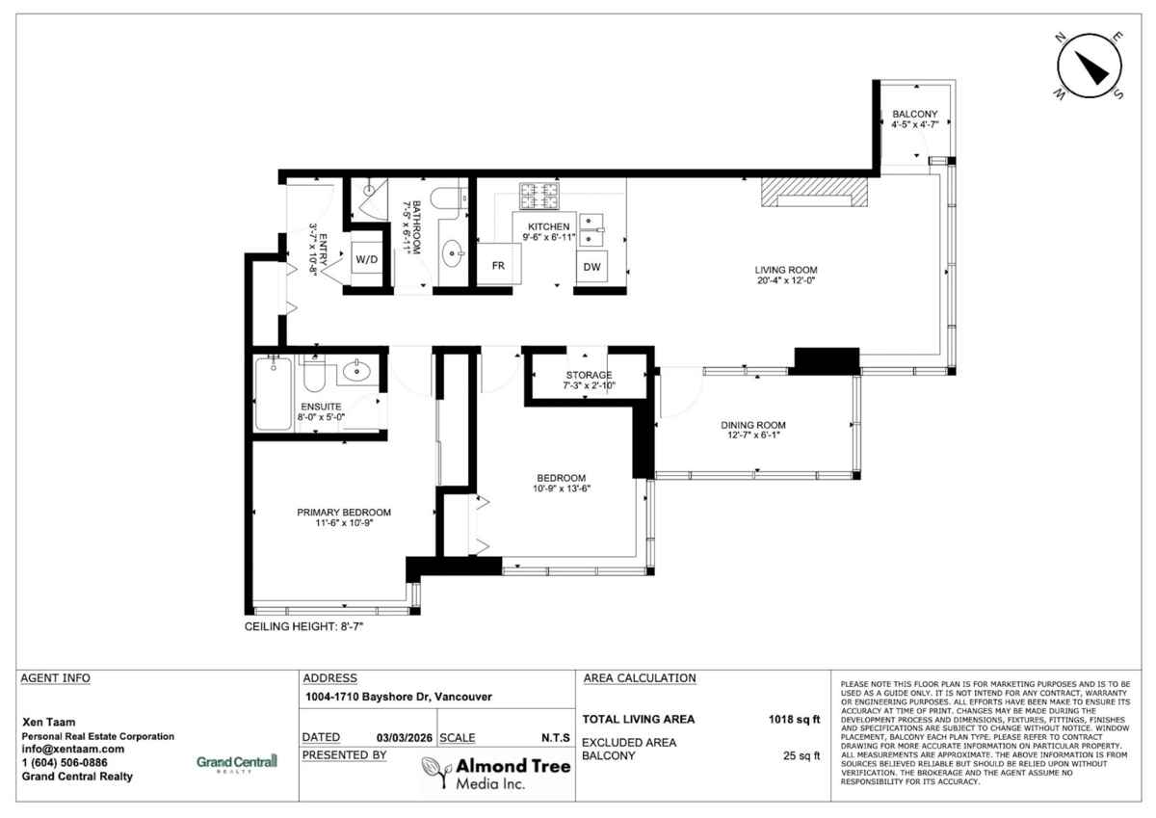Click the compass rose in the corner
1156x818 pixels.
pos(1090,66)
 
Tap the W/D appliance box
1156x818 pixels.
pos(365,259)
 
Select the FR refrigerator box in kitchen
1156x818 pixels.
pos(499,265)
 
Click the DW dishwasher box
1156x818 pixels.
pos(592,266)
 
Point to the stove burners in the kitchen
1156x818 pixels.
pos(539,197)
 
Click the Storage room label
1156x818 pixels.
pos(589,374)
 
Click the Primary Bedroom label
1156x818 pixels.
pos(344,512)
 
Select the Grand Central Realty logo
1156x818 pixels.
pos(236,762)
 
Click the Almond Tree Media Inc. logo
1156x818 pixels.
pos(497,772)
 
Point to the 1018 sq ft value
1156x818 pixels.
pos(794,719)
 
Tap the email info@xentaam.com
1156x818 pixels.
pos(72,749)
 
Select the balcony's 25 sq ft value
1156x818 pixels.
pos(801,756)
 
